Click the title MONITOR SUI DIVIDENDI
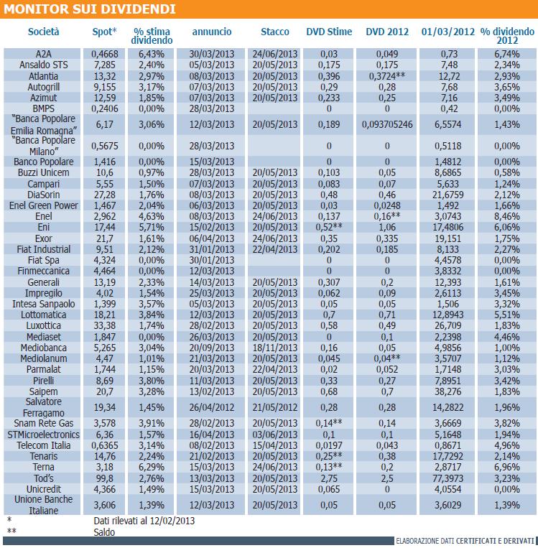point(90,9)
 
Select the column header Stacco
point(275,32)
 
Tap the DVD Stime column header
point(329,32)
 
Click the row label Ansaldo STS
point(44,65)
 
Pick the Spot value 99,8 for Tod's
point(105,478)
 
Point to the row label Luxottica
point(44,326)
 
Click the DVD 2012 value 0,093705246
point(387,124)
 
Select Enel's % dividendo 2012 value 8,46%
point(507,216)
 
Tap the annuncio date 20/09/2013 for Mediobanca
point(212,348)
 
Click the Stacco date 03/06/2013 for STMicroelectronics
point(275,435)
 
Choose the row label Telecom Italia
point(44,445)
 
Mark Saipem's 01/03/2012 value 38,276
point(447,391)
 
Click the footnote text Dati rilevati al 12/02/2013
point(144,521)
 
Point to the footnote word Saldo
point(104,532)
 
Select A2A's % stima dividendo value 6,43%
point(152,54)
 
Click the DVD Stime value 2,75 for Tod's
point(329,478)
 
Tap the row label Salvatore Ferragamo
point(44,407)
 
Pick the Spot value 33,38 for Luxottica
point(105,326)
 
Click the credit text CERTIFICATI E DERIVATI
point(495,541)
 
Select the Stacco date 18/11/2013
point(275,348)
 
